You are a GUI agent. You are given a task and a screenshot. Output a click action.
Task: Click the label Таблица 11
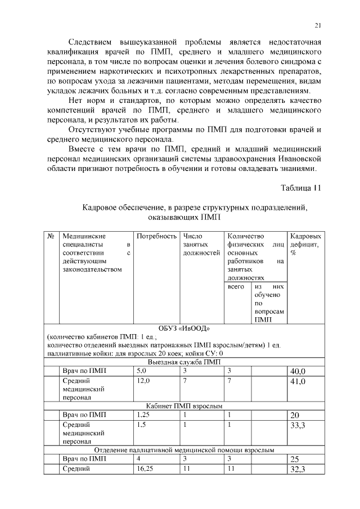click(x=301, y=188)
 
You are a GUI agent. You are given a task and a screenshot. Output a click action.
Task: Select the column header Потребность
click(x=156, y=237)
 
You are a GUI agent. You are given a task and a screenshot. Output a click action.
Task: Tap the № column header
click(x=51, y=237)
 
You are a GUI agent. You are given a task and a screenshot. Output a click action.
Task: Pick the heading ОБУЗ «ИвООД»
click(x=183, y=328)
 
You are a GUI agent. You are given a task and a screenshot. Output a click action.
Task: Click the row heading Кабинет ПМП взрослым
click(x=183, y=406)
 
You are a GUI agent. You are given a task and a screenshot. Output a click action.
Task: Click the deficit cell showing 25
click(x=294, y=459)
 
